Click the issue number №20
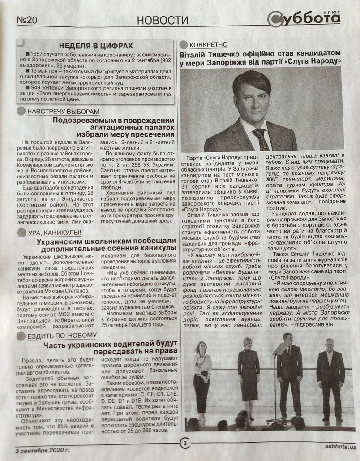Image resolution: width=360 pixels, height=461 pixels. pos(27,20)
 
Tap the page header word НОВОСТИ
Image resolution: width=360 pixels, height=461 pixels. pos(163,20)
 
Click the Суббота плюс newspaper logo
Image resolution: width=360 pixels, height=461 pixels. pos(304,18)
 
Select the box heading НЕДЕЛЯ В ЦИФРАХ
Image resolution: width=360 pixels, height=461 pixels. pos(96,46)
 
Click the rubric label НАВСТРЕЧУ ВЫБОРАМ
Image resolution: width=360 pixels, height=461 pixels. pos(63,112)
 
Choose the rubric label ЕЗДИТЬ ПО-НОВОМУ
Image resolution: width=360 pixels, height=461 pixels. pos(62,336)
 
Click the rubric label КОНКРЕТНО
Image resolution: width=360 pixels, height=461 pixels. pos(208,45)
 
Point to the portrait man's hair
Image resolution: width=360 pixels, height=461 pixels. pos(252,80)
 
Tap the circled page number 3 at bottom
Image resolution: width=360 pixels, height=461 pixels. pos(184,444)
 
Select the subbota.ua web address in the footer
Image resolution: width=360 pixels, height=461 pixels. pos(341,447)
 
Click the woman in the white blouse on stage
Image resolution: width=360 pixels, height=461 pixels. pos(202,376)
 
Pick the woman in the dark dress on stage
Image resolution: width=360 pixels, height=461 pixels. pos(248,374)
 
